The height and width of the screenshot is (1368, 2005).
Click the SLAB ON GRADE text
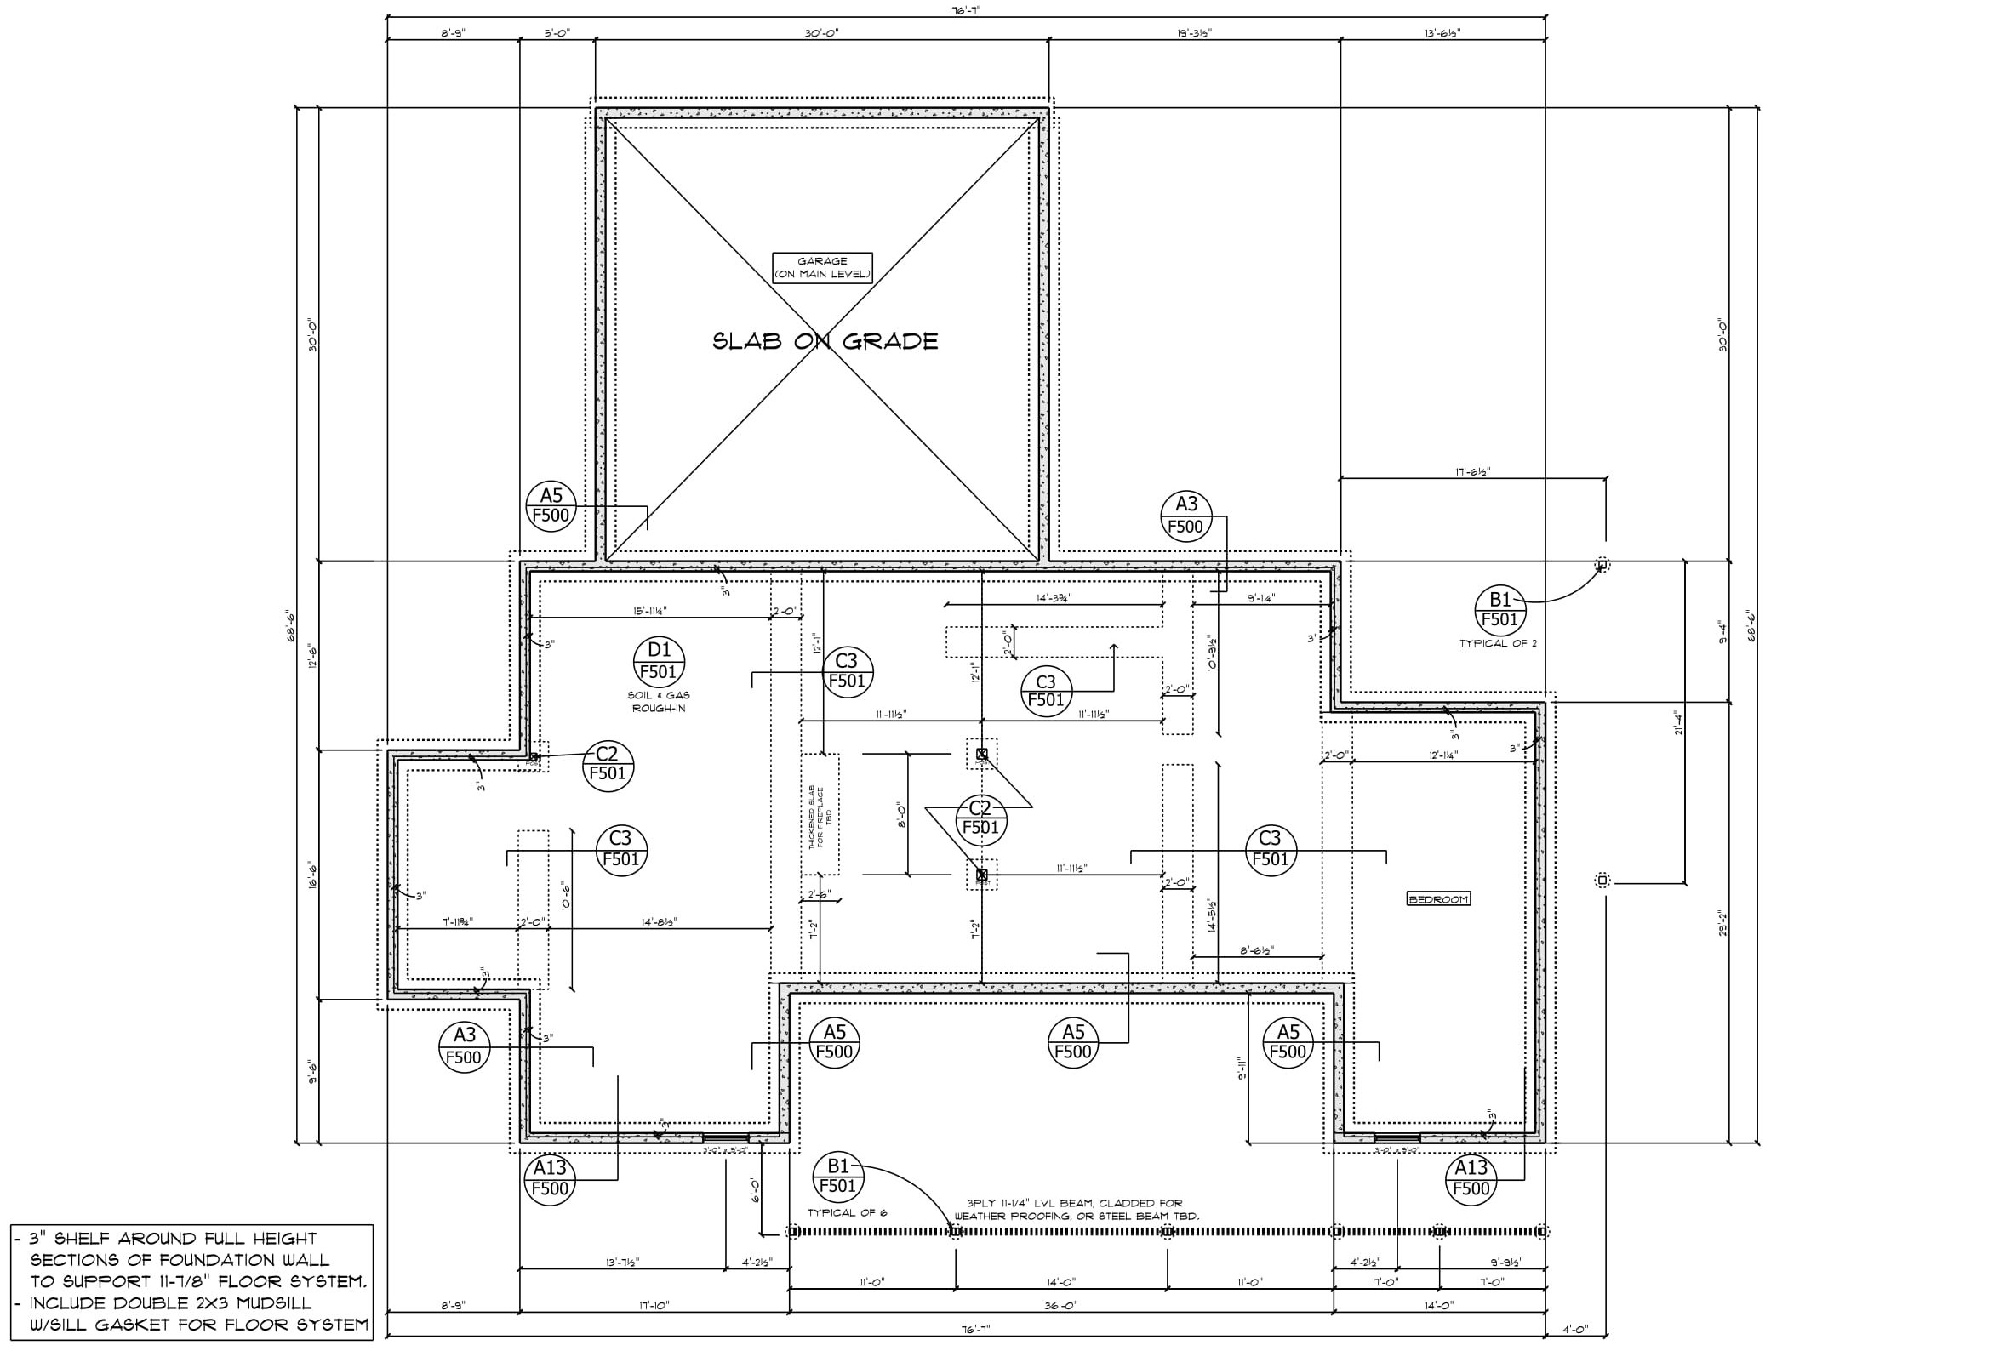[x=825, y=341]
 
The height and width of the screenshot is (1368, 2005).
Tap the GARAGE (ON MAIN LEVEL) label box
[x=822, y=267]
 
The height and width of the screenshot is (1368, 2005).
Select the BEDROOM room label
[x=1438, y=898]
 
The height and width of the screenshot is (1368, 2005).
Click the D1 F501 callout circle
[x=660, y=662]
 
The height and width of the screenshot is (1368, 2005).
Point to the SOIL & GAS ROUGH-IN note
[x=660, y=701]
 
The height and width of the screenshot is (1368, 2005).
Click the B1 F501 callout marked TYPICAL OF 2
[x=1499, y=609]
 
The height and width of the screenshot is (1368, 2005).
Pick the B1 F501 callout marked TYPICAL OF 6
[x=837, y=1176]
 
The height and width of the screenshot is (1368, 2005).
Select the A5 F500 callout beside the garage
[x=551, y=506]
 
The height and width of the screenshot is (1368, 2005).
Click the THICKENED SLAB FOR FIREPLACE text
[x=820, y=816]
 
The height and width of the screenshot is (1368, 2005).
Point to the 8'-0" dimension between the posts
[x=900, y=815]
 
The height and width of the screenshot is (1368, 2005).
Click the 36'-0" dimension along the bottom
[x=1061, y=1306]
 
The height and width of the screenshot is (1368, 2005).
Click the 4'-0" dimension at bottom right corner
[x=1575, y=1329]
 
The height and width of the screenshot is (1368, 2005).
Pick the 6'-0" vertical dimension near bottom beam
[x=755, y=1190]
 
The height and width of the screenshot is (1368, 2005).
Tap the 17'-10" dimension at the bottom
[x=654, y=1306]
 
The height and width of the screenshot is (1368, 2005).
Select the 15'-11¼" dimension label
[x=649, y=611]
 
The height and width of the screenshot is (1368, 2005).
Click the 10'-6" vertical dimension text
[x=566, y=896]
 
